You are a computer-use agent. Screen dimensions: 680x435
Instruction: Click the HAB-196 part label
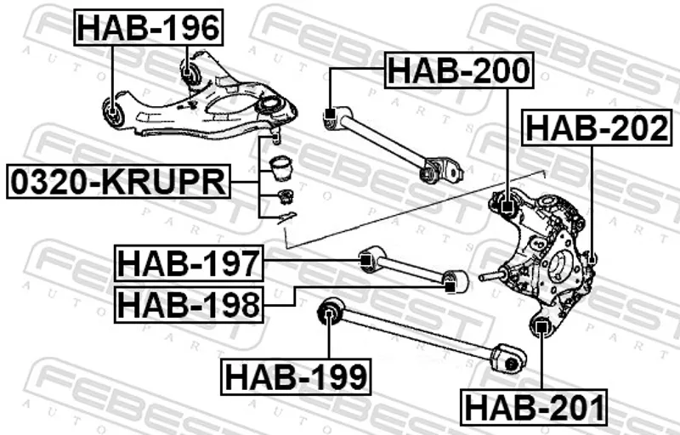[x=149, y=27]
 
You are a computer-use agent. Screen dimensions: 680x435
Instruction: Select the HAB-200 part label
[x=459, y=70]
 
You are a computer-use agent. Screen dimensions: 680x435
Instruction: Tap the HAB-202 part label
[x=598, y=127]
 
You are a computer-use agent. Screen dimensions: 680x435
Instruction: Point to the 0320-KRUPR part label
[x=118, y=181]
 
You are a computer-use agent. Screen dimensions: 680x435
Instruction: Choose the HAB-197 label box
[x=189, y=263]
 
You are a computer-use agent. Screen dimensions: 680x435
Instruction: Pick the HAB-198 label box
[x=189, y=304]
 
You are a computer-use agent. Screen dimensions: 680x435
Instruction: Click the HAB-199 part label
[x=296, y=376]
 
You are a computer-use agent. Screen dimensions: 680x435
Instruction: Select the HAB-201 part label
[x=534, y=407]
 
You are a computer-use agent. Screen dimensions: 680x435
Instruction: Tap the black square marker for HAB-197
[x=365, y=260]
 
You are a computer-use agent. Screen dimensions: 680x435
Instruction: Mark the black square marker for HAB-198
[x=450, y=286]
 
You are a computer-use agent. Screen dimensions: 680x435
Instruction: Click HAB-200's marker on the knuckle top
[x=507, y=206]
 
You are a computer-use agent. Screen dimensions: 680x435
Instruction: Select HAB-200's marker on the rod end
[x=331, y=114]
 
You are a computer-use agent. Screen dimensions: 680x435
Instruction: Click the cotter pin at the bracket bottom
[x=286, y=216]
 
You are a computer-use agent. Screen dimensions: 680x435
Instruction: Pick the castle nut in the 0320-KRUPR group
[x=285, y=196]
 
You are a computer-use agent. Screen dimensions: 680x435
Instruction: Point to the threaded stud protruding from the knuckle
[x=492, y=275]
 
